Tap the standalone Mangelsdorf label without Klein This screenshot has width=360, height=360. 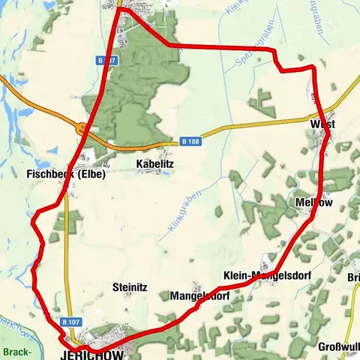(199, 296)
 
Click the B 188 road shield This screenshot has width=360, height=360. (190, 140)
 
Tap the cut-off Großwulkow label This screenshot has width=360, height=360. (338, 346)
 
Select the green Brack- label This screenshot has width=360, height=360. (16, 352)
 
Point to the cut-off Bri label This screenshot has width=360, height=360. (352, 277)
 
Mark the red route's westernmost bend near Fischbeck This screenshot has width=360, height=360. (34, 217)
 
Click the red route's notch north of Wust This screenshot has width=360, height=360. (281, 67)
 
